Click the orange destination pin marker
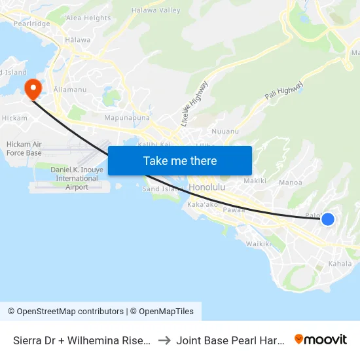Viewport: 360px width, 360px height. point(32,88)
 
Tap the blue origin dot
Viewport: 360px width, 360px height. point(328,219)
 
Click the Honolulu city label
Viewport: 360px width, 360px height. point(207,188)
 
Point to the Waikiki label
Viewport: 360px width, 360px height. point(258,243)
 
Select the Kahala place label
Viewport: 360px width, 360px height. point(340,264)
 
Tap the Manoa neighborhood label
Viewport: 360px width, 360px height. point(290,183)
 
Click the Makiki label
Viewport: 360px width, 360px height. point(254,181)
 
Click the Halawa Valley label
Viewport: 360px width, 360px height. point(156,10)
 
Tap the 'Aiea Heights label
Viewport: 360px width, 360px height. point(88,18)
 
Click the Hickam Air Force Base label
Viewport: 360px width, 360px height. point(24,149)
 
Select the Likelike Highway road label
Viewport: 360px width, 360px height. point(194,103)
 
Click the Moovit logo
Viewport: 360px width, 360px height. point(321,339)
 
